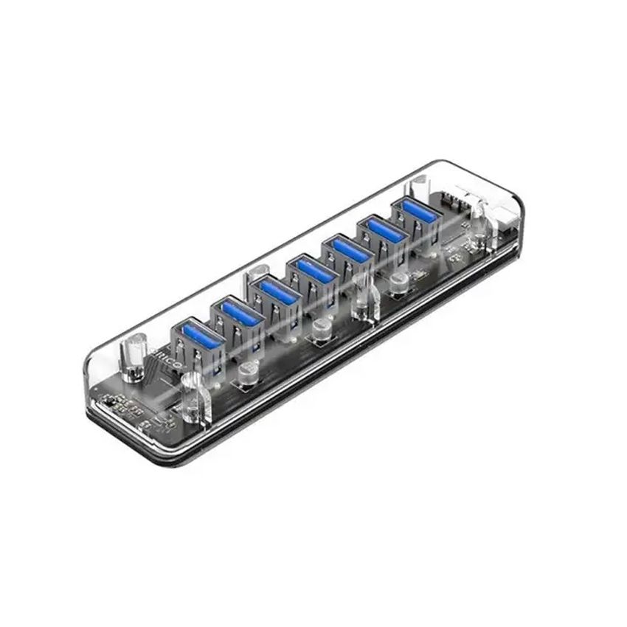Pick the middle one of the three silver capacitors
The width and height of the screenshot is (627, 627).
[321, 330]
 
